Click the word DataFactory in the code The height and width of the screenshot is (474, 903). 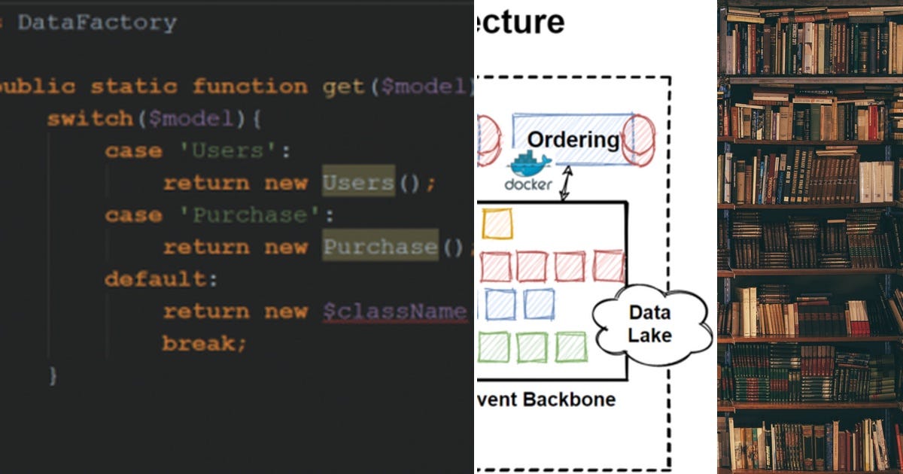(x=96, y=23)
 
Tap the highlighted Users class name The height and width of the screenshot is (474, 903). (x=358, y=183)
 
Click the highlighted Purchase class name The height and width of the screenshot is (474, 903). (x=380, y=247)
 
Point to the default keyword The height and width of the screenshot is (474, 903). (x=155, y=279)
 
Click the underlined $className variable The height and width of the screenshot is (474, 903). (x=395, y=311)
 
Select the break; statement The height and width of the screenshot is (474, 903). (x=204, y=344)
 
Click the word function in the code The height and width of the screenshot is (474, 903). (x=250, y=87)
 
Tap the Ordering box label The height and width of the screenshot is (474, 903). (x=573, y=139)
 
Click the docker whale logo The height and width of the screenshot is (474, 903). (x=529, y=165)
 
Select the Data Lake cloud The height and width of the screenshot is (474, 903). (x=650, y=324)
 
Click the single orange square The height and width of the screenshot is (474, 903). (x=497, y=223)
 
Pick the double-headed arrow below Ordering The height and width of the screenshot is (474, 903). (x=564, y=183)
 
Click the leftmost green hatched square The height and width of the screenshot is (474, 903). (x=494, y=347)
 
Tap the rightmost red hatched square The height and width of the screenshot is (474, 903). (x=609, y=266)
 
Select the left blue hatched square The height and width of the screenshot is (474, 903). (x=500, y=305)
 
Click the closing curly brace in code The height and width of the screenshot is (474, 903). (x=52, y=375)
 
